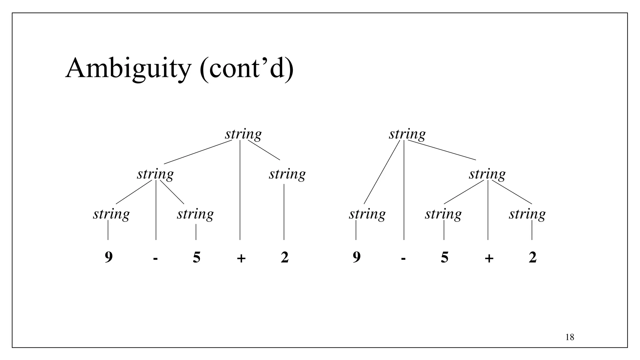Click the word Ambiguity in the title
[x=128, y=69]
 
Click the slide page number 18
[x=570, y=337]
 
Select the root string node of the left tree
[x=243, y=134]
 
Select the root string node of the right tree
[x=407, y=134]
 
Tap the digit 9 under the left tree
[x=108, y=257]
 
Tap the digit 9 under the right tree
[x=357, y=257]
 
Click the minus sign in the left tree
[x=156, y=258]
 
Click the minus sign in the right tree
[x=403, y=258]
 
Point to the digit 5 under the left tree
[x=197, y=257]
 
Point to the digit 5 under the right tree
[x=444, y=257]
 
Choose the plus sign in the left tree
[x=241, y=258]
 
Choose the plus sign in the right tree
[x=489, y=258]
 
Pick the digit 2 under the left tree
[x=285, y=257]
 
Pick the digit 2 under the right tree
[x=532, y=257]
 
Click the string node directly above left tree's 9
[x=111, y=214]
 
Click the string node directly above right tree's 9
[x=367, y=214]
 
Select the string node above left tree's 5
[x=195, y=214]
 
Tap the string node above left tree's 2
[x=287, y=174]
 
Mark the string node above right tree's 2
[x=527, y=214]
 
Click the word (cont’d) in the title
[x=247, y=69]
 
